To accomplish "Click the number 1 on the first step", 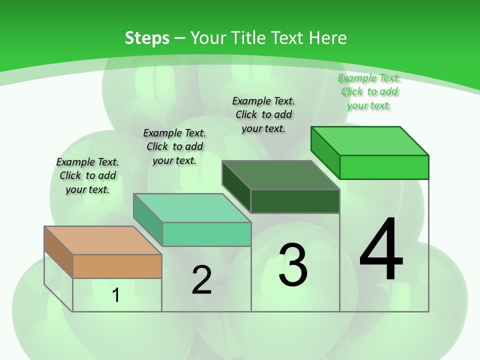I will pyautogui.click(x=116, y=295).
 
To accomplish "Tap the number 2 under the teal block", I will pyautogui.click(x=201, y=280).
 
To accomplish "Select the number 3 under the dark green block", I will pyautogui.click(x=293, y=265).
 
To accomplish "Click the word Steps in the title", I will pyautogui.click(x=147, y=38).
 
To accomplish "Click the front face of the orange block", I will pyautogui.click(x=117, y=266).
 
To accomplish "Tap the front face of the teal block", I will pyautogui.click(x=206, y=234).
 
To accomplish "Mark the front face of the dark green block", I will pyautogui.click(x=295, y=201).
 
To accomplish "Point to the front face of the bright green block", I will pyautogui.click(x=384, y=167).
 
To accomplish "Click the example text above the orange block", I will pyautogui.click(x=87, y=175).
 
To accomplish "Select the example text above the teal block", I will pyautogui.click(x=174, y=146).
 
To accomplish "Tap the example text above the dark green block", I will pyautogui.click(x=263, y=114).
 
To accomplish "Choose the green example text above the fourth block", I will pyautogui.click(x=369, y=91).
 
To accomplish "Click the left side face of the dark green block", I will pyautogui.click(x=236, y=186).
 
